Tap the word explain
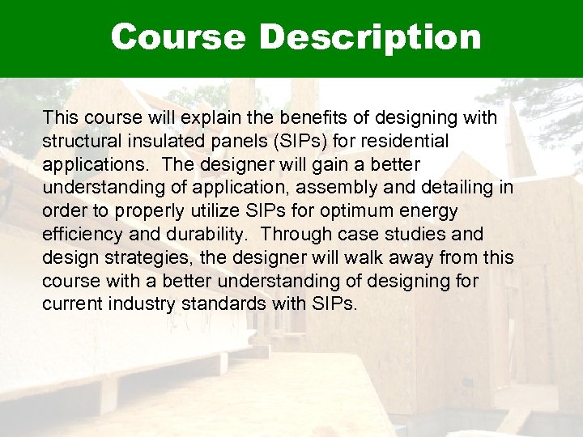(x=211, y=118)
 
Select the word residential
(x=402, y=142)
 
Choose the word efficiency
(x=80, y=235)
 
